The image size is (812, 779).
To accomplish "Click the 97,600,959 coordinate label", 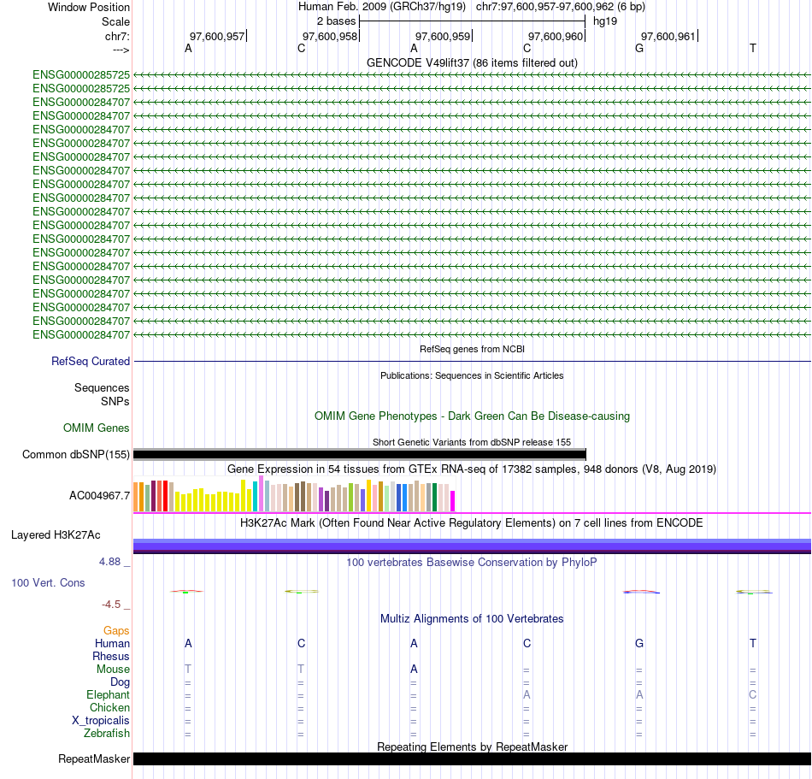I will pyautogui.click(x=443, y=36).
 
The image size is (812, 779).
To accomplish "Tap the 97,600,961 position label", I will pyautogui.click(x=668, y=36).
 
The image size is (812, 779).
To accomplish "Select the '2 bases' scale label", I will pyautogui.click(x=336, y=21).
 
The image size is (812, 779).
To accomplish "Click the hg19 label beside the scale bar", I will pyautogui.click(x=605, y=21).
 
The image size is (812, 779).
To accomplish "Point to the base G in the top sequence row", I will pyautogui.click(x=639, y=48).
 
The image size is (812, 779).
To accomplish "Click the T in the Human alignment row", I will pyautogui.click(x=752, y=643).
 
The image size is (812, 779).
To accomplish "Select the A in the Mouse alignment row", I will pyautogui.click(x=414, y=669).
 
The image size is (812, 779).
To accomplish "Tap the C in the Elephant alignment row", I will pyautogui.click(x=752, y=694).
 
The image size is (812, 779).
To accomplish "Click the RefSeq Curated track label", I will pyautogui.click(x=91, y=362).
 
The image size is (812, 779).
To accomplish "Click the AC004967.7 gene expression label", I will pyautogui.click(x=100, y=495).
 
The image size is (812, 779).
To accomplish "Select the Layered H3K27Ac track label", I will pyautogui.click(x=56, y=535).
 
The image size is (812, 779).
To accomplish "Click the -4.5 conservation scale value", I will pyautogui.click(x=115, y=604).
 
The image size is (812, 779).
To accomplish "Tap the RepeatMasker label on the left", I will pyautogui.click(x=94, y=758).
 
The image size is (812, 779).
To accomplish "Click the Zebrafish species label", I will pyautogui.click(x=107, y=733).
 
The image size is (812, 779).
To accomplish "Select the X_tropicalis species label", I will pyautogui.click(x=101, y=720).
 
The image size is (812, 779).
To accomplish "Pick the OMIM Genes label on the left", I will pyautogui.click(x=97, y=428).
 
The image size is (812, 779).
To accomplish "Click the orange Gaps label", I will pyautogui.click(x=116, y=630).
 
